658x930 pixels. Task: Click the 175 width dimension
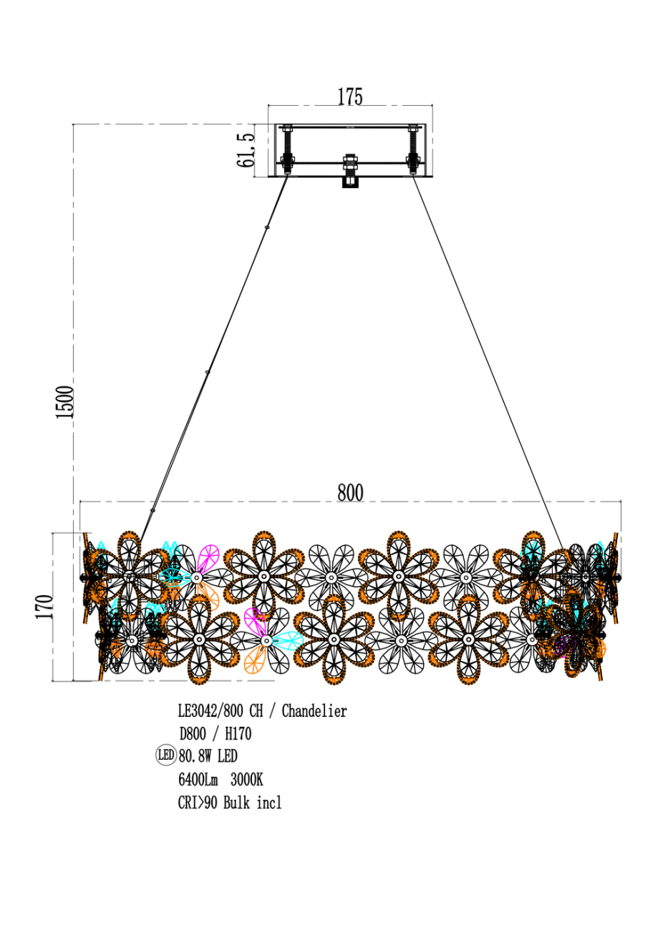click(x=350, y=97)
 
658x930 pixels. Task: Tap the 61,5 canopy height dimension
click(x=246, y=150)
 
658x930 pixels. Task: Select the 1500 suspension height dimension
click(x=65, y=402)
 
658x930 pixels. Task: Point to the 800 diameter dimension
click(x=350, y=493)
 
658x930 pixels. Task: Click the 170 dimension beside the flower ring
click(x=44, y=607)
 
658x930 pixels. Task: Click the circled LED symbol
click(x=165, y=755)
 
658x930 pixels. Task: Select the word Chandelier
click(x=314, y=711)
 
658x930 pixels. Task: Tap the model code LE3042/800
click(x=211, y=711)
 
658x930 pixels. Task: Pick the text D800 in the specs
click(x=193, y=733)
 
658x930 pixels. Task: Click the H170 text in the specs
click(x=238, y=733)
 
